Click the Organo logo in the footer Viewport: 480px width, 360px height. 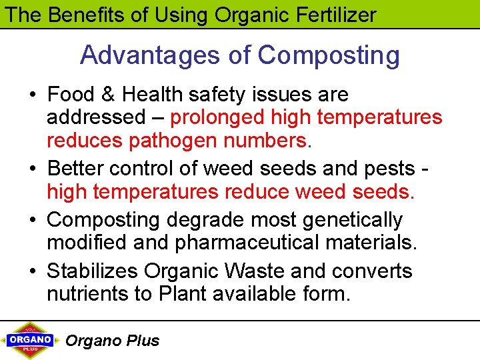coord(30,340)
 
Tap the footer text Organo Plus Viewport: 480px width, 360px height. coord(112,341)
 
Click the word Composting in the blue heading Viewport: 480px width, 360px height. coord(329,55)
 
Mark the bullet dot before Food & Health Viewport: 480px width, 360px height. coord(32,95)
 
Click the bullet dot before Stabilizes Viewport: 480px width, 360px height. coord(32,272)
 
